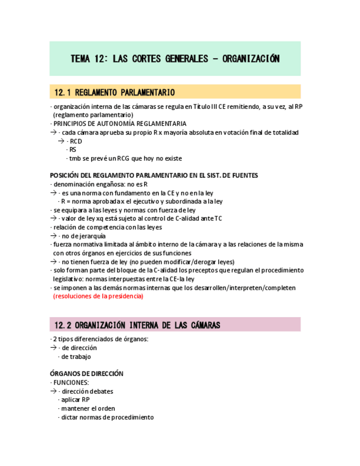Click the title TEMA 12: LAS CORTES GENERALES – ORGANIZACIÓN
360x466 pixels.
[175, 59]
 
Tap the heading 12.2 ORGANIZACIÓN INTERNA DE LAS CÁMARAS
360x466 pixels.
[135, 325]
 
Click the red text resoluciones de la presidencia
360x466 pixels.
[98, 296]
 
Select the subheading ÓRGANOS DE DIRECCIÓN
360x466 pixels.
[86, 374]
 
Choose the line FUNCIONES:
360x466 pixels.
[70, 382]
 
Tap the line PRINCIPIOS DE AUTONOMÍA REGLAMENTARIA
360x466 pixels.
[119, 124]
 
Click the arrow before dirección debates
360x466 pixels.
[53, 391]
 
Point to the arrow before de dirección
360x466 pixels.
[53, 348]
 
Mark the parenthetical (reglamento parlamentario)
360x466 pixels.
[93, 115]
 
